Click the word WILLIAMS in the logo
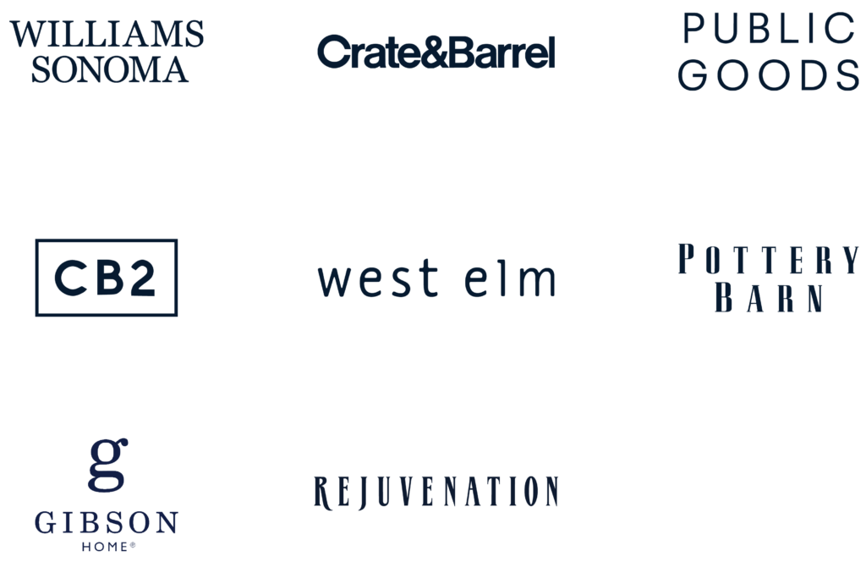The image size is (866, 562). point(107,34)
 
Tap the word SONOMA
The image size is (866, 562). point(109,69)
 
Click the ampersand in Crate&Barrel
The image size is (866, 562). point(436,52)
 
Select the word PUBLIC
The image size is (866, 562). point(768,28)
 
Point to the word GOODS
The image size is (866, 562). point(768,75)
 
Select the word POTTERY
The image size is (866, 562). point(768,259)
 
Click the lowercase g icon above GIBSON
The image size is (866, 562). point(107,465)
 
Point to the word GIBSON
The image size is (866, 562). point(106,523)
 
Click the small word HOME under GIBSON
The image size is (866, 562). point(105,547)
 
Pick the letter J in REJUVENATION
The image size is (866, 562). point(362,493)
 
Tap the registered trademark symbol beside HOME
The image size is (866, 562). point(133,544)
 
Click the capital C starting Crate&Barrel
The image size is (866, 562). point(333,52)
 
